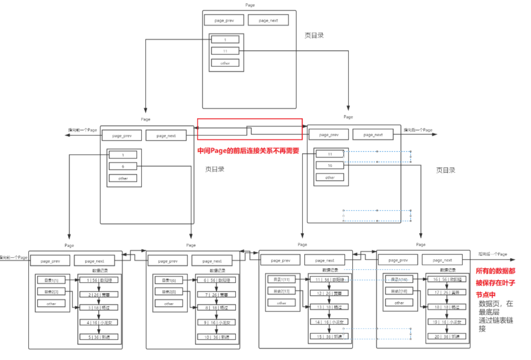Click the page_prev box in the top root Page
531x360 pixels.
coord(224,20)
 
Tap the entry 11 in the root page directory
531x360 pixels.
coord(225,51)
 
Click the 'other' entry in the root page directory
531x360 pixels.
coord(225,63)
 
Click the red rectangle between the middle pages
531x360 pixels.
coord(249,129)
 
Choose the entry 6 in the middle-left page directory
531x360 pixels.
coord(123,166)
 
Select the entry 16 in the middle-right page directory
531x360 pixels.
coord(330,165)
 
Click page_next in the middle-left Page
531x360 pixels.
coord(165,135)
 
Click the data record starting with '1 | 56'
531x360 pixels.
coord(99,280)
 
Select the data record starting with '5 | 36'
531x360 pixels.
coord(99,337)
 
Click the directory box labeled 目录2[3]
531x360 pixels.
coord(51,291)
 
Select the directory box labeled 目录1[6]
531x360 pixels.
coord(169,280)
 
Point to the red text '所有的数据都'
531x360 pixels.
coord(495,272)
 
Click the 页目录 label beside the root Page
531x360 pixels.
coord(314,36)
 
